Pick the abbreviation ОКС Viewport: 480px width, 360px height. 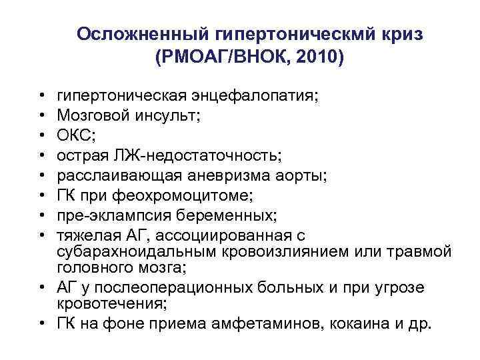75,137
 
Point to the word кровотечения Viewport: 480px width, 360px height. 111,305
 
